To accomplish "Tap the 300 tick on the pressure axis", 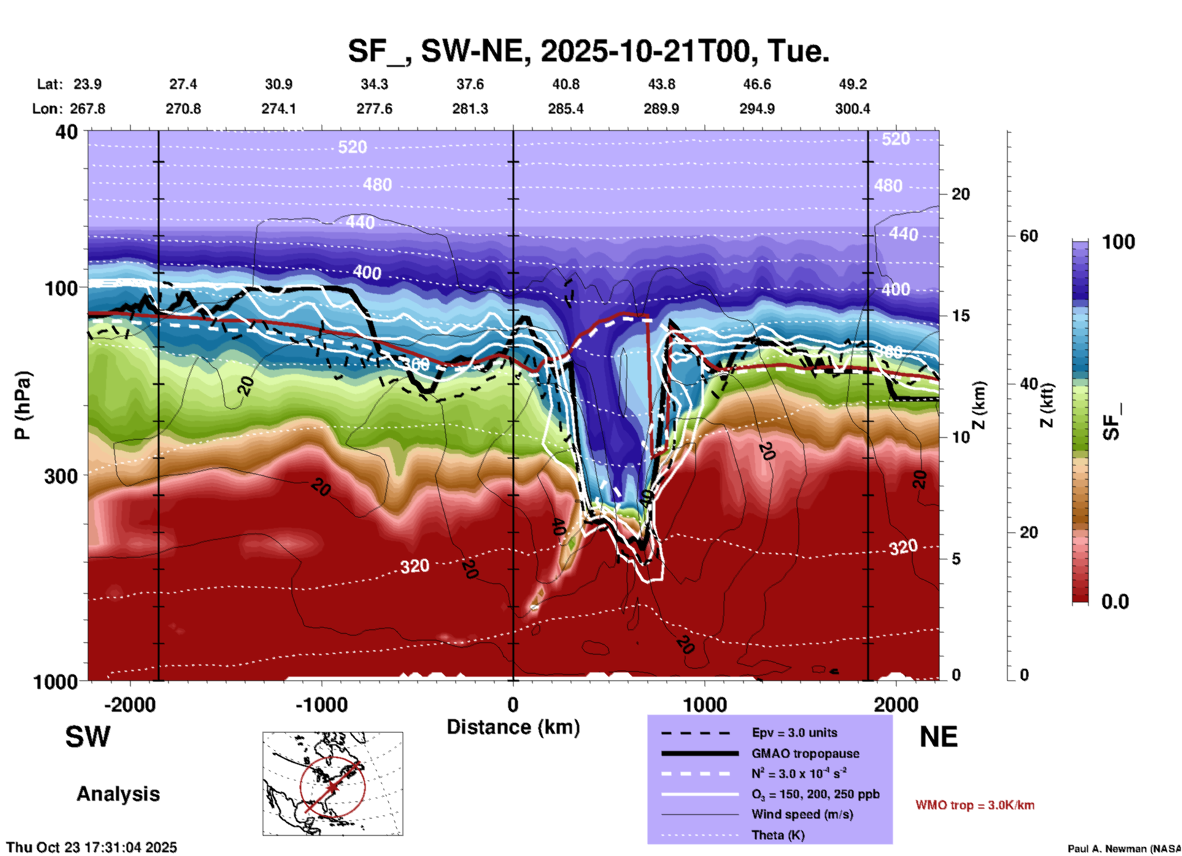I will pos(61,476).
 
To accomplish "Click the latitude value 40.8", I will pos(565,84).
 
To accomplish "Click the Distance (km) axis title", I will pos(513,727).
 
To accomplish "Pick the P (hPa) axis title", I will pos(22,405).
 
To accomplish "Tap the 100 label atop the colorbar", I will pos(1118,242).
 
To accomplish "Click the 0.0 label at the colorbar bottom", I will pos(1115,602).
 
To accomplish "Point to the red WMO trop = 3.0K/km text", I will pos(975,805).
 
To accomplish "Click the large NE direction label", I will pos(938,737).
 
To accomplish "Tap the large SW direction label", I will pos(88,737).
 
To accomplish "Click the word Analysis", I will pos(118,794).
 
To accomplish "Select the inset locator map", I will pos(333,784).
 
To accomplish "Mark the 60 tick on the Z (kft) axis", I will pos(1029,236).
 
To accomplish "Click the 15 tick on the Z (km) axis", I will pos(960,316).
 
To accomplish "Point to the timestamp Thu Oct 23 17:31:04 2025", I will pos(91,847).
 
